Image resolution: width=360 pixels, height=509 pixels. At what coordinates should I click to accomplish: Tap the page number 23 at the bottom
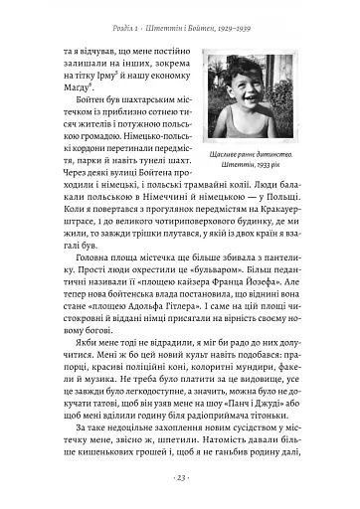(180, 479)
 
